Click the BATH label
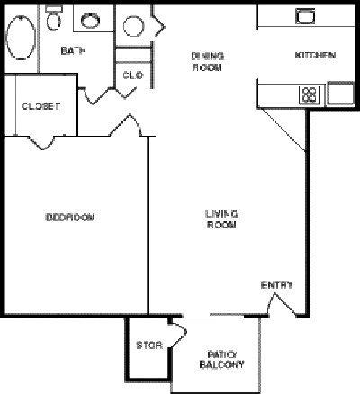(x=73, y=51)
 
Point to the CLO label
(x=130, y=76)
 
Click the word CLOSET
(x=40, y=106)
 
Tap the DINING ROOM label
(x=206, y=61)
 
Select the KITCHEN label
(x=315, y=56)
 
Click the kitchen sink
(x=306, y=16)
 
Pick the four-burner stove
(x=310, y=93)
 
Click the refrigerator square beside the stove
(x=339, y=94)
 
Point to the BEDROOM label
(x=70, y=218)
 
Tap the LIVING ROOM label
(x=220, y=219)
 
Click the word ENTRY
(x=276, y=285)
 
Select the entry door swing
(x=283, y=305)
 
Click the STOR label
(x=147, y=345)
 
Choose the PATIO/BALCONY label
(x=220, y=360)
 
